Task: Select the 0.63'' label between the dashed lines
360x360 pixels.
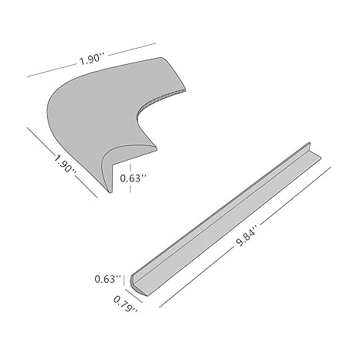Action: click(x=133, y=178)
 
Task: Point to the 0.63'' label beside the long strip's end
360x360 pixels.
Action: click(x=107, y=279)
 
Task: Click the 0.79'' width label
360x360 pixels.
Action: click(x=126, y=304)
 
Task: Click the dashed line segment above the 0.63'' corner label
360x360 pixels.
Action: click(x=131, y=168)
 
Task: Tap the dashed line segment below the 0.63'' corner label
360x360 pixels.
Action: click(x=131, y=188)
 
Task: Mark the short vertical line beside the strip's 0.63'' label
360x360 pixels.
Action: click(x=124, y=280)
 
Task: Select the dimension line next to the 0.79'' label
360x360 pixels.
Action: click(x=134, y=296)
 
